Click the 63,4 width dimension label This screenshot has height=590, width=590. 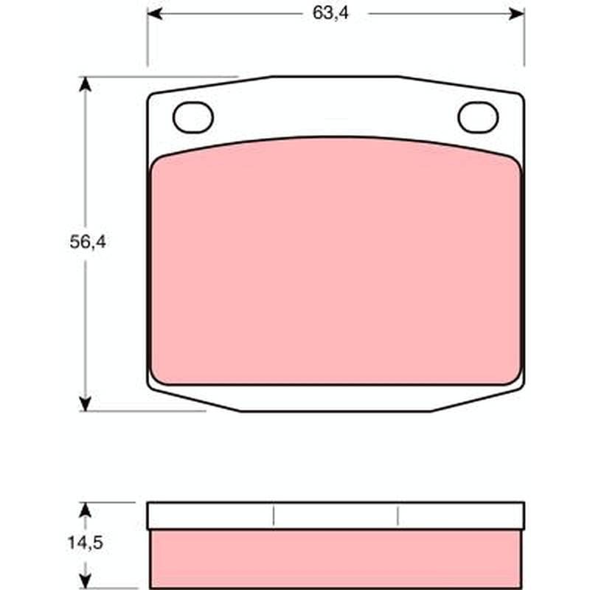click(x=330, y=13)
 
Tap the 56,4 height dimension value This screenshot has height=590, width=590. click(x=88, y=242)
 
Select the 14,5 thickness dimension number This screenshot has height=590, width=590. click(x=85, y=543)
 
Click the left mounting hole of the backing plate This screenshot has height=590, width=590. click(x=193, y=117)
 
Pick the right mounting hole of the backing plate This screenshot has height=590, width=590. click(x=478, y=117)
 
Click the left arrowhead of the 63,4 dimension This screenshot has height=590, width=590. click(x=155, y=14)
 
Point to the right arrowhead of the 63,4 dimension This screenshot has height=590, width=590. click(x=516, y=14)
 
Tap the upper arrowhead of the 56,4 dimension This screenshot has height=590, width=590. click(x=86, y=84)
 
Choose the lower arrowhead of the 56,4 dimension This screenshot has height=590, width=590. click(x=86, y=403)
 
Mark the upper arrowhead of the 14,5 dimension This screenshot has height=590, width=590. click(x=86, y=510)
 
